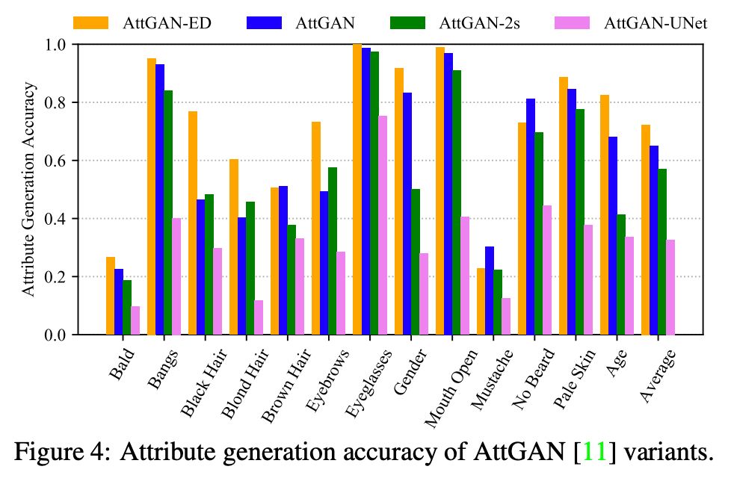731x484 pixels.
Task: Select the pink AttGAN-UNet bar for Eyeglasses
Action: (382, 225)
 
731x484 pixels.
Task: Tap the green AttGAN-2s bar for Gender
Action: (415, 261)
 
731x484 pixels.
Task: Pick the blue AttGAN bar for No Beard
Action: (530, 217)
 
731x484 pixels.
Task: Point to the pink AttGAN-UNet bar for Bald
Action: (135, 320)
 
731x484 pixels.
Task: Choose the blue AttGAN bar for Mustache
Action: (489, 291)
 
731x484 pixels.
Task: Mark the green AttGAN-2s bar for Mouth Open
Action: (456, 202)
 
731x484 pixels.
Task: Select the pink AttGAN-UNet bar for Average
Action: (670, 287)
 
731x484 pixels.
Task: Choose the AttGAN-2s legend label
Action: (472, 22)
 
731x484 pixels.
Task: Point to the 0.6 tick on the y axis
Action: (73, 161)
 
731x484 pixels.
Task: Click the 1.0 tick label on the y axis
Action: (55, 45)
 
